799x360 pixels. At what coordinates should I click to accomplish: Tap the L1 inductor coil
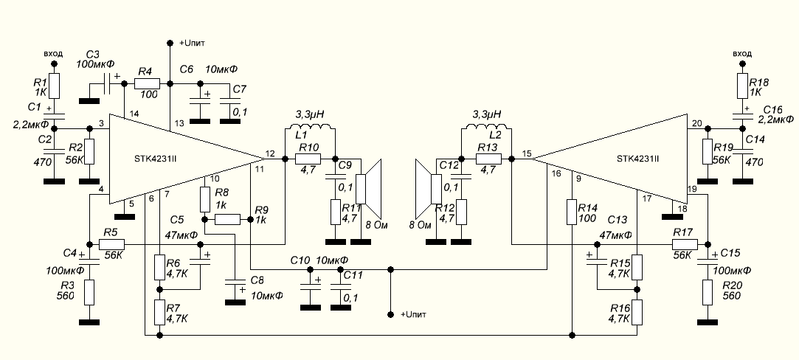pyautogui.click(x=310, y=131)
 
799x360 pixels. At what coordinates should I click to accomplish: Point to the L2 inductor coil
pyautogui.click(x=485, y=131)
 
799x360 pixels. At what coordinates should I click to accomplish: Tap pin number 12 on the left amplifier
pyautogui.click(x=270, y=153)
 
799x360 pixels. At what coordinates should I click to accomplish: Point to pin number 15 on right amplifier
pyautogui.click(x=526, y=153)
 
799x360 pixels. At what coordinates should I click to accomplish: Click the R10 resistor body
pyautogui.click(x=308, y=159)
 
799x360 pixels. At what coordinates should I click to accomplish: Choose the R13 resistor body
pyautogui.click(x=487, y=159)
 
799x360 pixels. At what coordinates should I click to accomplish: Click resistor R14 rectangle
pyautogui.click(x=573, y=212)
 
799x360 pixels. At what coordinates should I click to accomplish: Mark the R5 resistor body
pyautogui.click(x=112, y=244)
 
